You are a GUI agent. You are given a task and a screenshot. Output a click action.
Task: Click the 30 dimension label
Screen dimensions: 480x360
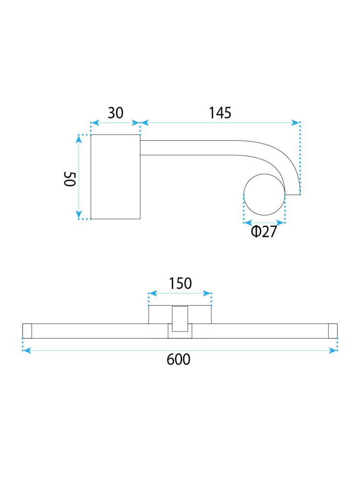(115, 113)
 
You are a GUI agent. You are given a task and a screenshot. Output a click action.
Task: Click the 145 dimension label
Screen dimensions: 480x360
(220, 113)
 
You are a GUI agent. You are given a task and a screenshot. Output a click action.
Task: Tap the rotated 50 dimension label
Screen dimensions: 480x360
(70, 178)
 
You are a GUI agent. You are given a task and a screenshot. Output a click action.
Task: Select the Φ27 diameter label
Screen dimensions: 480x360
(264, 232)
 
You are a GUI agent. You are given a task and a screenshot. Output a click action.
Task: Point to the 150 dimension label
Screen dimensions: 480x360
(180, 283)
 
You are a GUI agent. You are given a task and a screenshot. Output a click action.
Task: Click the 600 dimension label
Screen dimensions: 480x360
(179, 359)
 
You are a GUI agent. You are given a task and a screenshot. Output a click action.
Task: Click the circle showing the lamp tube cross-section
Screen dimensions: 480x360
(264, 194)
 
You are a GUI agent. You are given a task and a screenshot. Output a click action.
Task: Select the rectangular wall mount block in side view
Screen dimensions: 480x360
(115, 177)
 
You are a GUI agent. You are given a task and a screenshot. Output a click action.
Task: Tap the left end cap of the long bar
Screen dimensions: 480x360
(27, 331)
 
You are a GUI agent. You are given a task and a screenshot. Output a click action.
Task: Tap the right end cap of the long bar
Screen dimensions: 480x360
(333, 331)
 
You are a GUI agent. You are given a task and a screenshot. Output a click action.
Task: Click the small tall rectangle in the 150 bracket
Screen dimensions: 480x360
(180, 318)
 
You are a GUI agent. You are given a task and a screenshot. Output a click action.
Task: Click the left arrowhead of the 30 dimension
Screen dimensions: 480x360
(94, 123)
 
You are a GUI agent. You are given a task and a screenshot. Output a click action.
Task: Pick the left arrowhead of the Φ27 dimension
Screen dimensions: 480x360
(247, 222)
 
